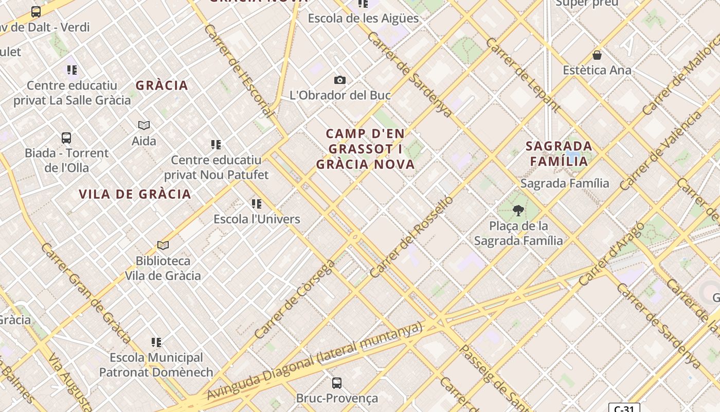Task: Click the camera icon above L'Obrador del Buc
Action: coord(340,80)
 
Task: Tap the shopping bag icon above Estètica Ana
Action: coord(597,55)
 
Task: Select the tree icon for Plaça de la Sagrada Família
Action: coord(518,210)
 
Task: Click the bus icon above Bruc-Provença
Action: coord(337,383)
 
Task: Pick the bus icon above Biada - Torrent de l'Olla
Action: coord(66,138)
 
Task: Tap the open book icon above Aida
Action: coord(144,125)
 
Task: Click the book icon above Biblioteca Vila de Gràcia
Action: coord(163,245)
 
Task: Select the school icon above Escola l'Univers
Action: coord(257,204)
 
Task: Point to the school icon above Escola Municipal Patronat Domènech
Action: coord(156,342)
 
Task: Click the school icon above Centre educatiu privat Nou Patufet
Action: coord(216,145)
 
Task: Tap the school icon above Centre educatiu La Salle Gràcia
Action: coord(72,70)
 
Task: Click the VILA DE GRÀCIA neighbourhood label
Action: coord(135,194)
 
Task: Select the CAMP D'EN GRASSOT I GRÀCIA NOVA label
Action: coord(365,149)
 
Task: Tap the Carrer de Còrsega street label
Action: coord(295,299)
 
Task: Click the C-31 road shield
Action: coord(624,408)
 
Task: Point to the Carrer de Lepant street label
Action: coord(523,75)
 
